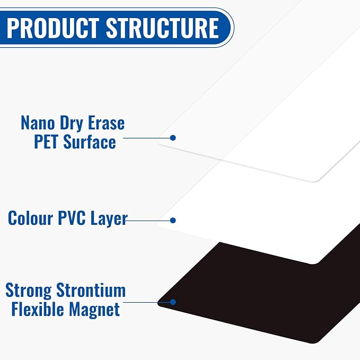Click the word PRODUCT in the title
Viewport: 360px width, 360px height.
pyautogui.click(x=53, y=28)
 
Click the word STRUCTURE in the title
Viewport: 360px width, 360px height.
pyautogui.click(x=162, y=28)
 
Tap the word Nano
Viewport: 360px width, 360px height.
pyautogui.click(x=38, y=123)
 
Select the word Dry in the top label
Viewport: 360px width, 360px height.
pyautogui.click(x=71, y=124)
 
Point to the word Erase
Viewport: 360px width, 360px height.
pyautogui.click(x=106, y=123)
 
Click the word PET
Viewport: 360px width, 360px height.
pyautogui.click(x=46, y=142)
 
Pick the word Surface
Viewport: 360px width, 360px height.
pyautogui.click(x=89, y=142)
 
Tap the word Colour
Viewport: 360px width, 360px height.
pyautogui.click(x=30, y=218)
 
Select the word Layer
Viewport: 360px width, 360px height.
pyautogui.click(x=109, y=219)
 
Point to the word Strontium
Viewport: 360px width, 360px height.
pyautogui.click(x=91, y=290)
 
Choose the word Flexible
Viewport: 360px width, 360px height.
pyautogui.click(x=38, y=309)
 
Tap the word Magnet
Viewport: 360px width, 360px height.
pyautogui.click(x=94, y=310)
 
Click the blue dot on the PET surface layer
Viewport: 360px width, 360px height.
pyautogui.click(x=173, y=138)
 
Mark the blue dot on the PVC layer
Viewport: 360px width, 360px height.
pyautogui.click(x=173, y=221)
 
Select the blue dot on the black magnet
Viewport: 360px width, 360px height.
pyautogui.click(x=173, y=302)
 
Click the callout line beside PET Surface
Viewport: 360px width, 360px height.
pyautogui.click(x=147, y=138)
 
